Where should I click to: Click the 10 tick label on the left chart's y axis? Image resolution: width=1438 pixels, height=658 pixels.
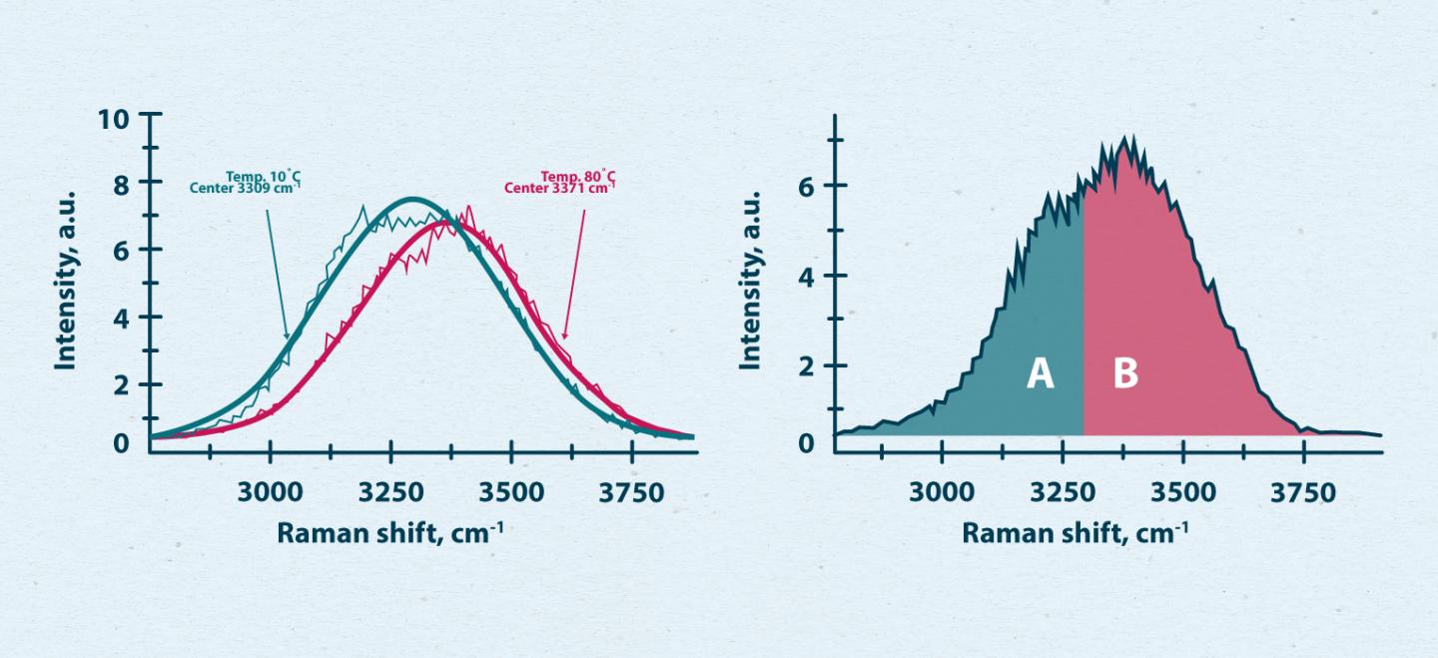(114, 119)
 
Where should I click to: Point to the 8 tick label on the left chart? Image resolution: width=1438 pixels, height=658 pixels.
(120, 184)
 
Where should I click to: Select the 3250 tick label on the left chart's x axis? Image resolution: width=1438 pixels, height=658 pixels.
(390, 493)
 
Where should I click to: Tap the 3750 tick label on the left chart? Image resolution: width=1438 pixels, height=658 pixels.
(631, 493)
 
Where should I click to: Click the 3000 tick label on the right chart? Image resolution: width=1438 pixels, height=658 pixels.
(942, 493)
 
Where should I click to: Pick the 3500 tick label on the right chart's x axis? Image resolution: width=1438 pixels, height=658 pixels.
(1182, 493)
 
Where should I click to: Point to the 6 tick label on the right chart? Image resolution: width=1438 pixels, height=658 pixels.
(807, 187)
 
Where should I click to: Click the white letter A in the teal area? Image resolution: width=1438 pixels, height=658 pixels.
(1041, 374)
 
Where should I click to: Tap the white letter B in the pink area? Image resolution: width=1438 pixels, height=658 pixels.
(1125, 374)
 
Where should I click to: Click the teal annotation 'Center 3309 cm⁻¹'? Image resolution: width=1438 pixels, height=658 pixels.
(245, 188)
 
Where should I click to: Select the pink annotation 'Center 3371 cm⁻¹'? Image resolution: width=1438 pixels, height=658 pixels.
(559, 188)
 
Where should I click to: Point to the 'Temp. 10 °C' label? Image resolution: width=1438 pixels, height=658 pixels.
(263, 176)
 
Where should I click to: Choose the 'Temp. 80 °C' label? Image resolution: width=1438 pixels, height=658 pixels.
(578, 176)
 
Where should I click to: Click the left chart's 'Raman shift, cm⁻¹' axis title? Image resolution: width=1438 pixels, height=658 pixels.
(389, 533)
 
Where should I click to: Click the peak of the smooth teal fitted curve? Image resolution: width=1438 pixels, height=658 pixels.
(413, 199)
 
